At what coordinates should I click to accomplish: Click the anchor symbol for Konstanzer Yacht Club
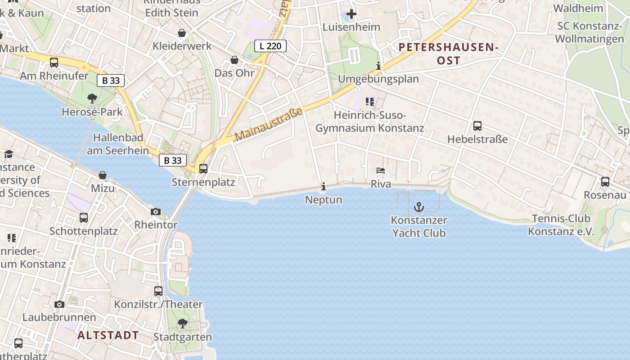419,207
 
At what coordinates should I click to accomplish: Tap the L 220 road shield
270,46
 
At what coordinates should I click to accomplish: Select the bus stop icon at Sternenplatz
203,169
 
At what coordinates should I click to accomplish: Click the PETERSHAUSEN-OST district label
449,54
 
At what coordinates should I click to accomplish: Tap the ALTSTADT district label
108,335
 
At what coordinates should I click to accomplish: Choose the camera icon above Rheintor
156,211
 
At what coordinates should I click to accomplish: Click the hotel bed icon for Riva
381,171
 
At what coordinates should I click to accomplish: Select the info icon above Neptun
324,186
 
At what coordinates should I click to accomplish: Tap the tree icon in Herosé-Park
92,98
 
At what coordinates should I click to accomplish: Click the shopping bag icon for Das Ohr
234,60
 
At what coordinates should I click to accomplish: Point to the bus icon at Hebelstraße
477,126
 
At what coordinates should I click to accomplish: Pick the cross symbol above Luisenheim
351,14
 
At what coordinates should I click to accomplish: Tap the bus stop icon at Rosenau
605,182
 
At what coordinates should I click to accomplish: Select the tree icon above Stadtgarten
182,323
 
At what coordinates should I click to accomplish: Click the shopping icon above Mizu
103,175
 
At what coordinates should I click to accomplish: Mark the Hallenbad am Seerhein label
118,144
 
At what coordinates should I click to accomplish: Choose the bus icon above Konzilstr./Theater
158,291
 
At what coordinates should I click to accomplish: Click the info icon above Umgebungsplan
378,66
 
